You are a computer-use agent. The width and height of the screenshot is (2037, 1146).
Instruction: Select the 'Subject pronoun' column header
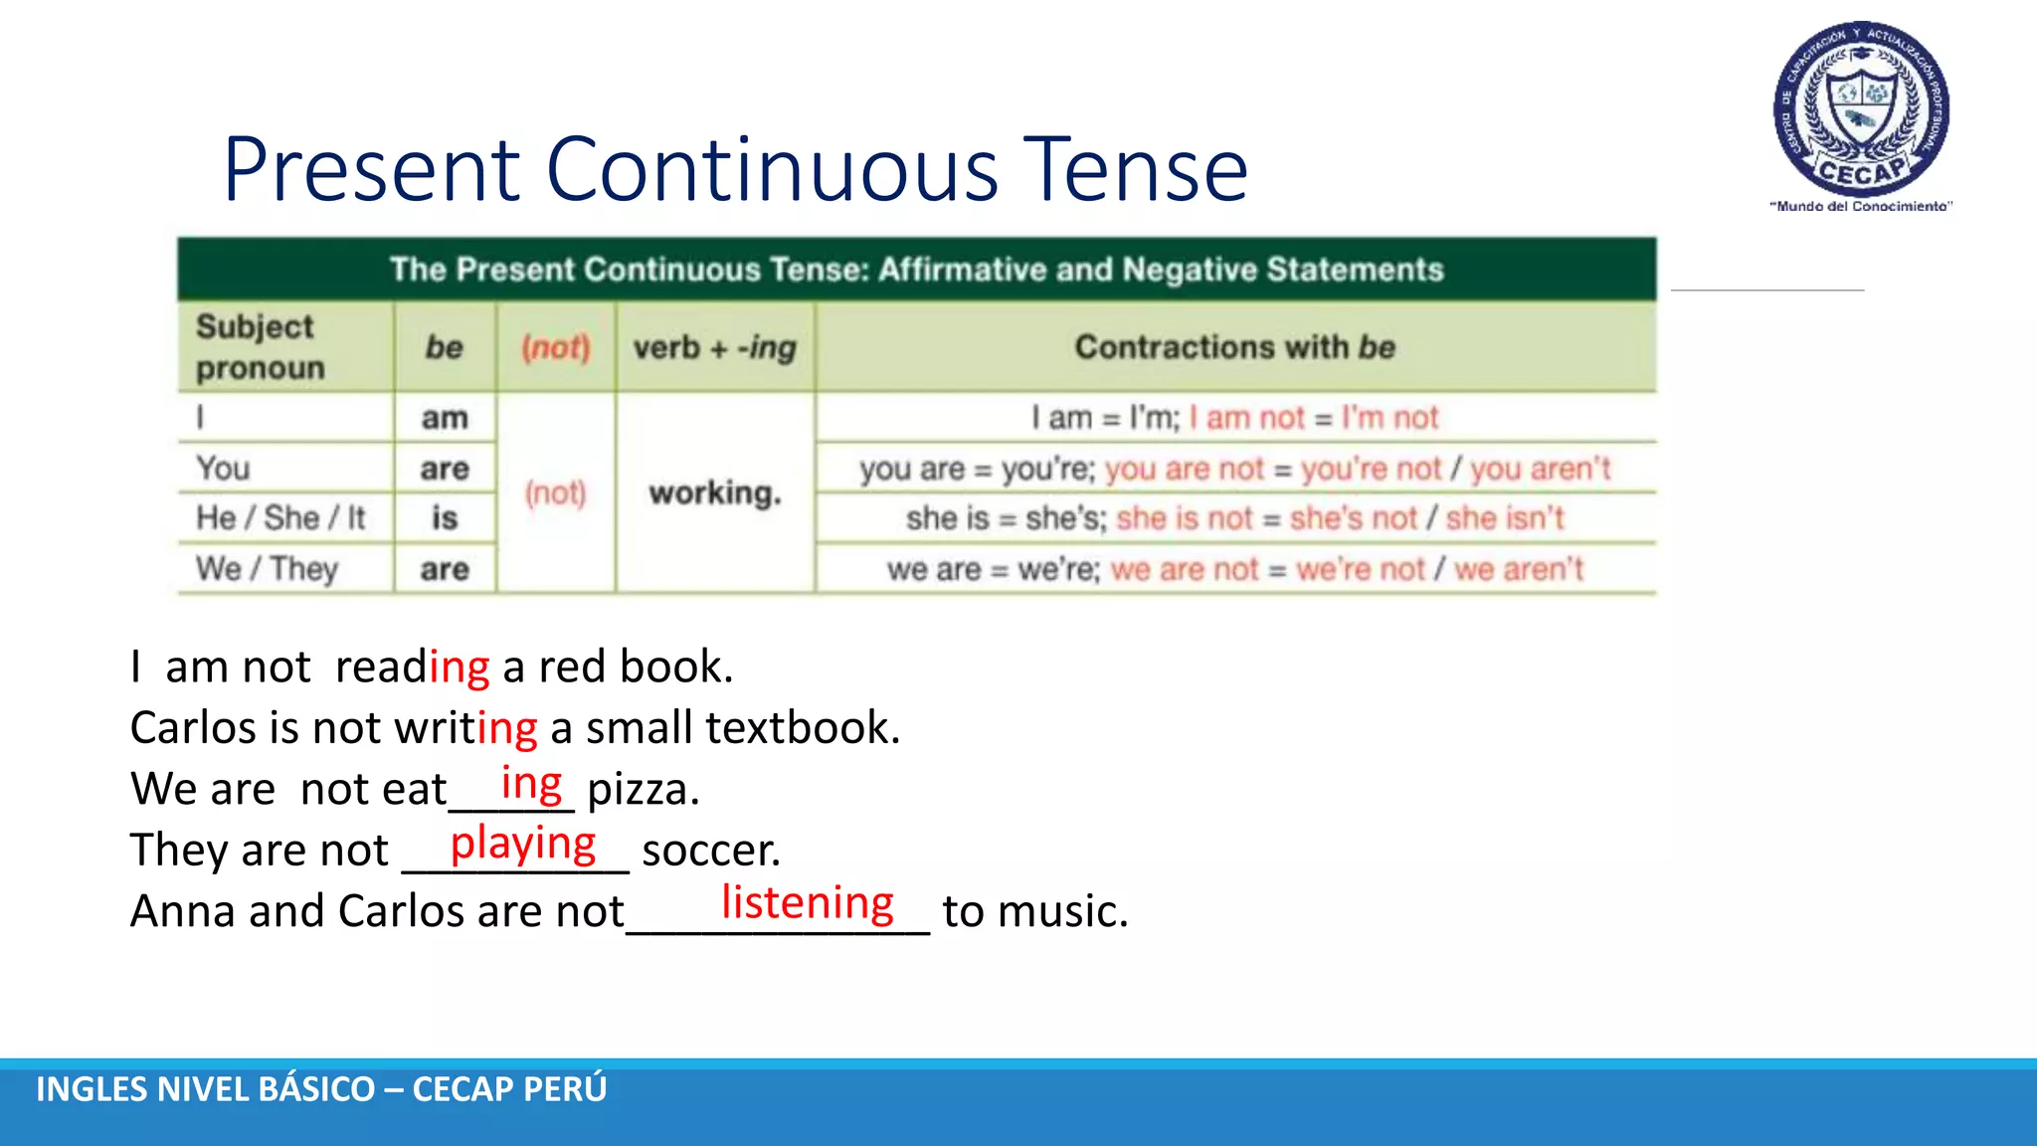pyautogui.click(x=259, y=347)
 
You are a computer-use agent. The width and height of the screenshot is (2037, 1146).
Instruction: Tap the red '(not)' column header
pyautogui.click(x=556, y=347)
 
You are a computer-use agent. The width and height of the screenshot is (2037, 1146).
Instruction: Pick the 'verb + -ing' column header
pyautogui.click(x=715, y=347)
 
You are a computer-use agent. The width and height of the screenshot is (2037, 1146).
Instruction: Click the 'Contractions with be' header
pyautogui.click(x=1235, y=347)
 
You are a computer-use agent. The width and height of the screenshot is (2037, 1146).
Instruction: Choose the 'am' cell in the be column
pyautogui.click(x=445, y=418)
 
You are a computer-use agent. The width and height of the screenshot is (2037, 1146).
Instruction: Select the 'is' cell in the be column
pyautogui.click(x=445, y=518)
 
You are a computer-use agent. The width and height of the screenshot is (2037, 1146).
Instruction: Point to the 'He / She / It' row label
pyautogui.click(x=281, y=518)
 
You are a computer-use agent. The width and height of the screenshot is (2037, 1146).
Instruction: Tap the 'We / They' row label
pyautogui.click(x=268, y=569)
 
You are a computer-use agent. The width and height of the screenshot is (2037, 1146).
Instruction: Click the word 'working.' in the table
pyautogui.click(x=715, y=493)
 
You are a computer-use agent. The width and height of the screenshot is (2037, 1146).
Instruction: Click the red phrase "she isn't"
pyautogui.click(x=1504, y=518)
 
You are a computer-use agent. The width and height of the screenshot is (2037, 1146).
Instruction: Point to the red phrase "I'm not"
pyautogui.click(x=1389, y=418)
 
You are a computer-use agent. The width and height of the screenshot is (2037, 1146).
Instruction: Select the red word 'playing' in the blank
pyautogui.click(x=523, y=844)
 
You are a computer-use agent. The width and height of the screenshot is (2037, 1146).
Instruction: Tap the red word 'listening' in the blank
pyautogui.click(x=808, y=903)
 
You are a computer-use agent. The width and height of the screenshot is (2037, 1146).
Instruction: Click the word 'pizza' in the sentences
pyautogui.click(x=642, y=790)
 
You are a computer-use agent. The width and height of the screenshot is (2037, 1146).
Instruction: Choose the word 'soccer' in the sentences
pyautogui.click(x=710, y=851)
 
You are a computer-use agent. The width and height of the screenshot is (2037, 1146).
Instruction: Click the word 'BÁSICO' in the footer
pyautogui.click(x=316, y=1089)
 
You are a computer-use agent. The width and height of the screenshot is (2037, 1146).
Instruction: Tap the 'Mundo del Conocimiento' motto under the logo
pyautogui.click(x=1861, y=207)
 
